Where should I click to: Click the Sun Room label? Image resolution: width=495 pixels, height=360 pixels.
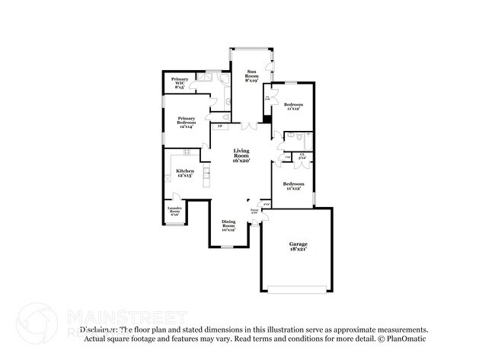251,75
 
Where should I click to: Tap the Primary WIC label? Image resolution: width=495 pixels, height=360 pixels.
180,83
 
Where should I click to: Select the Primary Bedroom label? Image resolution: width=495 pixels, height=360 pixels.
187,122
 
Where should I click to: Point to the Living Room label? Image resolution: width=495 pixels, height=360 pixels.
241,156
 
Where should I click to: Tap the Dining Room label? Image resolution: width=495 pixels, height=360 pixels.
228,225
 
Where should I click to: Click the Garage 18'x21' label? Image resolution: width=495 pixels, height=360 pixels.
298,247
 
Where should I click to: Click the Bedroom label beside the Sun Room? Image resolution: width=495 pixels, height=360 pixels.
293,106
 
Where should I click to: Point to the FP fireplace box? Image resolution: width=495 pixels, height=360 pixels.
221,126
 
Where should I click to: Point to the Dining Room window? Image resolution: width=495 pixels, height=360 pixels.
228,247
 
